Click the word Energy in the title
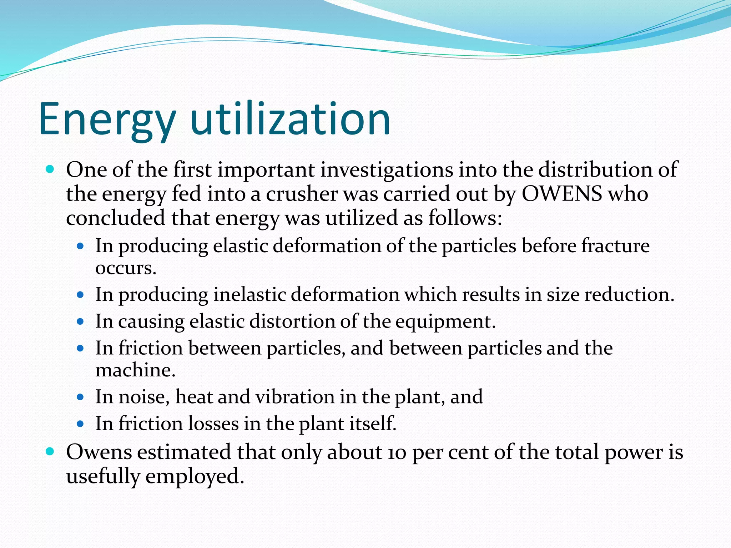click(x=107, y=120)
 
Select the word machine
click(x=135, y=370)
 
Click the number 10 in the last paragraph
click(x=396, y=452)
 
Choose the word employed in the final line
click(x=195, y=477)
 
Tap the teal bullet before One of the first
click(x=50, y=169)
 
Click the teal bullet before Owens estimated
click(x=50, y=452)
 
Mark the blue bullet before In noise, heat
click(x=80, y=397)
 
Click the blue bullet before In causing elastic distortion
click(x=80, y=321)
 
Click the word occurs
click(x=126, y=268)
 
